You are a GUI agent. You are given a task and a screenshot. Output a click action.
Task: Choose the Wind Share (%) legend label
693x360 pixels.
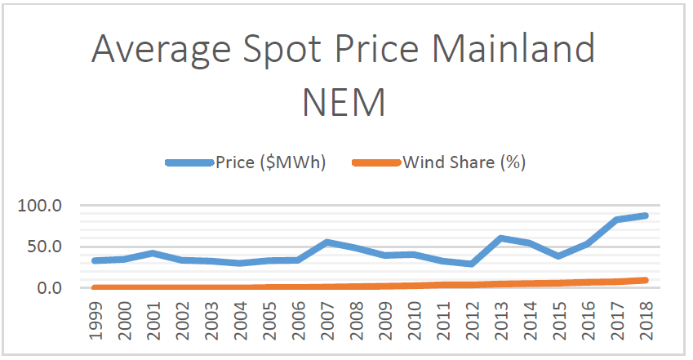coord(464,162)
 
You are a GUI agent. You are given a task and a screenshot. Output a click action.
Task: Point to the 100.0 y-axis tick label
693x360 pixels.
coord(40,206)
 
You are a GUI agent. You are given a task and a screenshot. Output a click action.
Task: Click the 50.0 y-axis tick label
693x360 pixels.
coord(44,247)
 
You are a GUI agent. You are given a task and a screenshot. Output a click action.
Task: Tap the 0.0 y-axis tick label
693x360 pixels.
coord(48,287)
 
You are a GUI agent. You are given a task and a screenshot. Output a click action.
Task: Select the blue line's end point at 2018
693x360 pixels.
coord(645,216)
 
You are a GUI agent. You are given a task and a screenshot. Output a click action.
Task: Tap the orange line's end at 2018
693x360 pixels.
coord(645,280)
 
